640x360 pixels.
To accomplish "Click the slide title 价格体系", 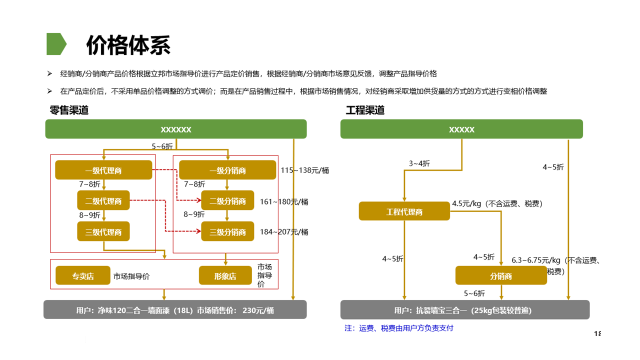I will click(x=128, y=44).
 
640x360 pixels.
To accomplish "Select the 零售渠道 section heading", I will click(x=69, y=110).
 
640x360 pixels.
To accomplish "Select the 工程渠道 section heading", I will click(x=365, y=110).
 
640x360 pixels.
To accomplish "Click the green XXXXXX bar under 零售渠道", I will click(x=176, y=129).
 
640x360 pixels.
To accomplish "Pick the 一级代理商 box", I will click(x=103, y=170).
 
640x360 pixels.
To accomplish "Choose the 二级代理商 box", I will click(x=103, y=201).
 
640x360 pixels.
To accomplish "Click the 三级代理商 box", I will click(x=103, y=232).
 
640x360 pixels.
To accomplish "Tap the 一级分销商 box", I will click(x=227, y=170).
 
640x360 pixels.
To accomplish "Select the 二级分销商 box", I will click(x=227, y=201).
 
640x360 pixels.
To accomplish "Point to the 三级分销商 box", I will click(x=227, y=232).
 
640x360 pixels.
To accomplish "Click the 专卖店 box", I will click(x=83, y=276).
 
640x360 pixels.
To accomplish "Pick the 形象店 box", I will click(x=225, y=276).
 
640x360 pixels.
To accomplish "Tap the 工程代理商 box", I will click(x=404, y=211).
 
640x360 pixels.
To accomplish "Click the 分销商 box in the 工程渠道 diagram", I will click(x=501, y=276).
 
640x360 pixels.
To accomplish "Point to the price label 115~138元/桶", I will click(x=305, y=170).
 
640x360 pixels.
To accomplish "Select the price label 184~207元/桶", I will click(x=284, y=232).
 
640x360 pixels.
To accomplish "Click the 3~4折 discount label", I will click(x=419, y=163).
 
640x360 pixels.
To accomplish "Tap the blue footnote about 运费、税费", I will click(x=399, y=328).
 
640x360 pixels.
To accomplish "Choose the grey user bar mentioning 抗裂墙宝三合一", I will click(x=465, y=310).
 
